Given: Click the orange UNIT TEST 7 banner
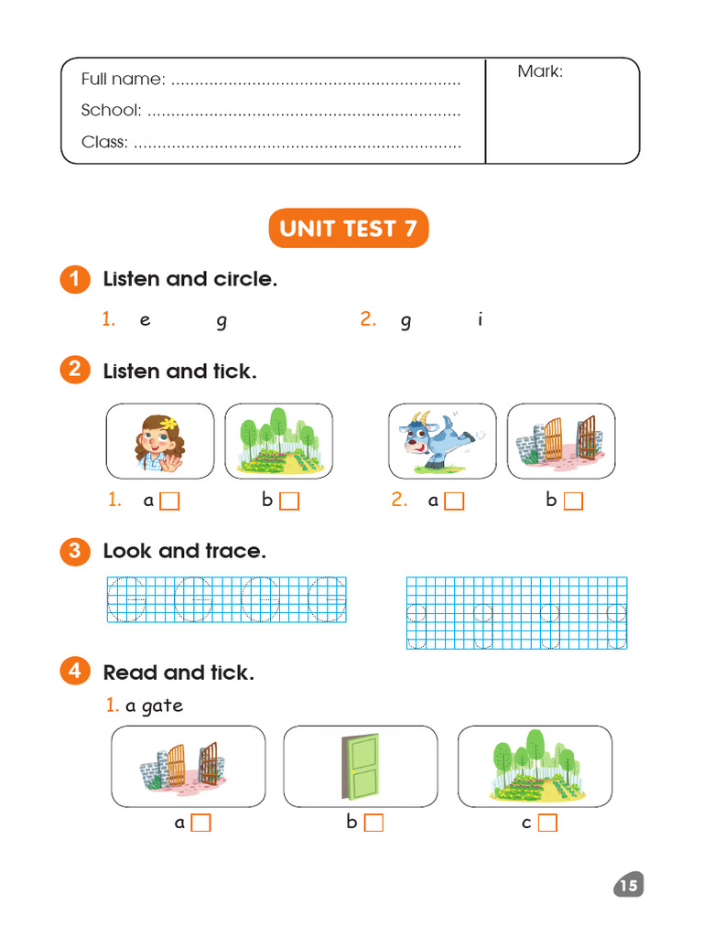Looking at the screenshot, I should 349,229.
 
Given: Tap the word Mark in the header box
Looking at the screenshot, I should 539,71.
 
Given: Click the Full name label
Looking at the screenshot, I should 123,80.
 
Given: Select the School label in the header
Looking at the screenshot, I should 111,111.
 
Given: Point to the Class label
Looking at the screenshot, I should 104,142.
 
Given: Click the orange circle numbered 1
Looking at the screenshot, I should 75,279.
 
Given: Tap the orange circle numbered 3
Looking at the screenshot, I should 75,551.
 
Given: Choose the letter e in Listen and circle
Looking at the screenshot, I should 145,320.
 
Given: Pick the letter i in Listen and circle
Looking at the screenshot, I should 480,319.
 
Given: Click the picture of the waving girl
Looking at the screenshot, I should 160,441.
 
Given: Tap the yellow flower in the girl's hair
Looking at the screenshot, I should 168,423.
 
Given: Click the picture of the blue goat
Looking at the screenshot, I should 442,441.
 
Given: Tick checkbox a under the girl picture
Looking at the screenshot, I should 169,501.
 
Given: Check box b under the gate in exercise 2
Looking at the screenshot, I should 573,501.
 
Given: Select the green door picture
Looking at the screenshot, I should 361,767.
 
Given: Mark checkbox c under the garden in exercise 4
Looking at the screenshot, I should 547,824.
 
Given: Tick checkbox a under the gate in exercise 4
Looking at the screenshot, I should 200,824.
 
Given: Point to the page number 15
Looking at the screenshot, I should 628,885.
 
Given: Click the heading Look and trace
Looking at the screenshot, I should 184,551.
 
